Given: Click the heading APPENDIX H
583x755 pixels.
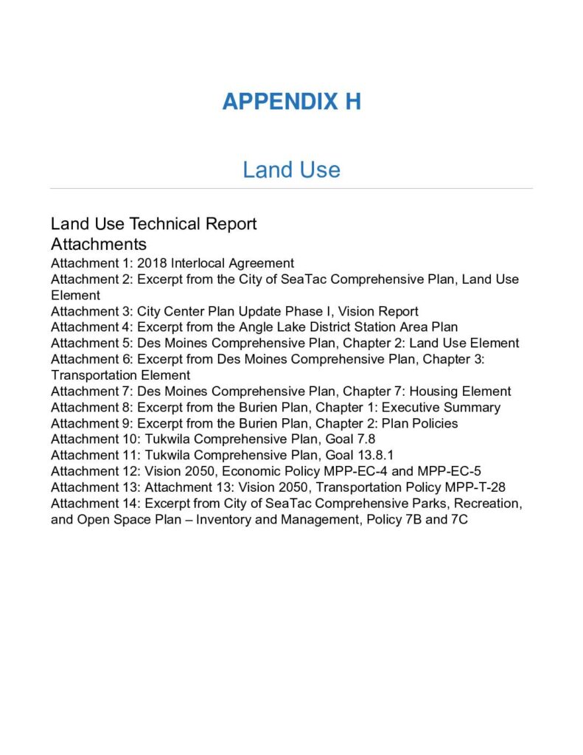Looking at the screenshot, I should click(291, 101).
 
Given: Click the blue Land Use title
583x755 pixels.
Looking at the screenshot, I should click(291, 170).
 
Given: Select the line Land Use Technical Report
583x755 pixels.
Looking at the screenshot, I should click(153, 223).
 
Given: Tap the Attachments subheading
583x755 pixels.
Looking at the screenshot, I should click(98, 244).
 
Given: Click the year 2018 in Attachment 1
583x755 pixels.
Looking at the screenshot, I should click(152, 263).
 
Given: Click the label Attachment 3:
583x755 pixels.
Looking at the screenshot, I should click(91, 311).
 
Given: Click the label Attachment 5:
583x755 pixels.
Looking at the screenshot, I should click(91, 344).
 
